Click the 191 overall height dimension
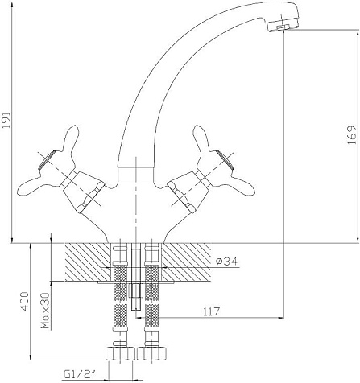6,120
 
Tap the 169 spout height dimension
352,135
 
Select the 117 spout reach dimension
211,311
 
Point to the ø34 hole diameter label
226,261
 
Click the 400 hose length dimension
24,301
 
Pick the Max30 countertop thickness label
46,311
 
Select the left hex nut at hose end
121,353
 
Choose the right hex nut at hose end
151,353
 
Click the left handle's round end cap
47,159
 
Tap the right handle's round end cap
225,159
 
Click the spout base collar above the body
136,175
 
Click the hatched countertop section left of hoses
88,262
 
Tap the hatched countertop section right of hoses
186,262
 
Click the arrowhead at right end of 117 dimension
281,318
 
